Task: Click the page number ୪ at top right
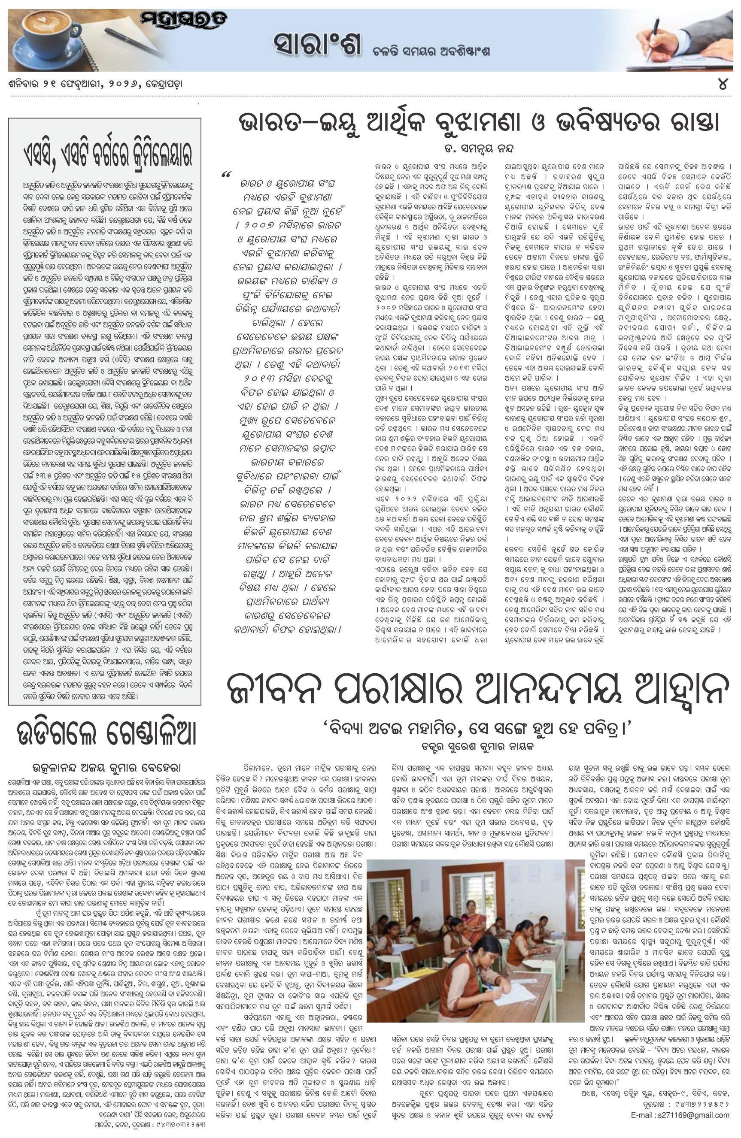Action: coord(723,84)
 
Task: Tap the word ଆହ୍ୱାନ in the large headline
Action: coord(677,690)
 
